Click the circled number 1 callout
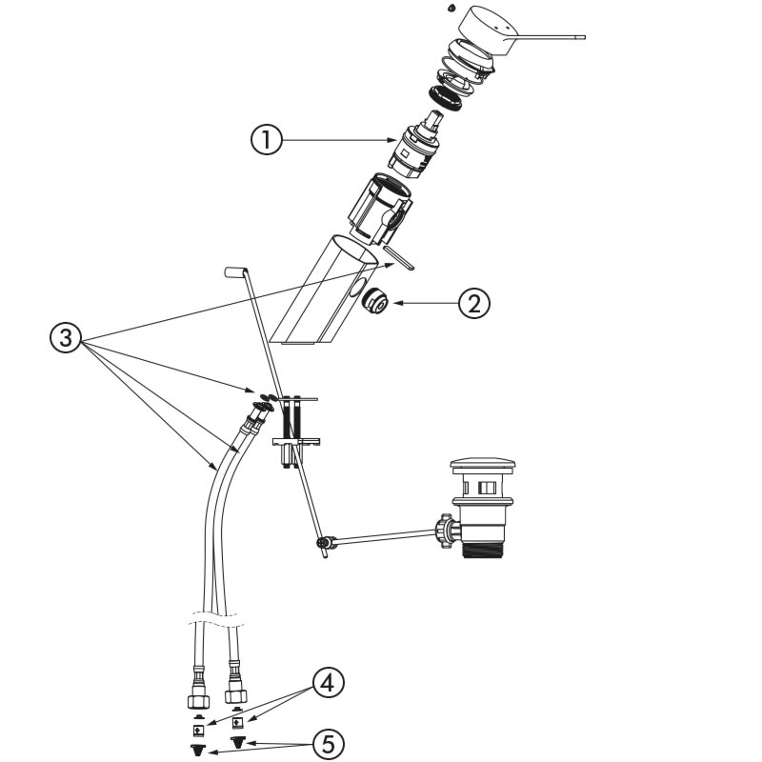(267, 140)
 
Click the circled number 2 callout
(474, 303)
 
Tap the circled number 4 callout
(326, 683)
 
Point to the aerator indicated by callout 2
(372, 301)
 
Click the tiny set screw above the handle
(449, 8)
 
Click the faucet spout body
(314, 295)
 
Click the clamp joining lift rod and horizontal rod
(326, 545)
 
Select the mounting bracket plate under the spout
(297, 439)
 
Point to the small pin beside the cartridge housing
(400, 256)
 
